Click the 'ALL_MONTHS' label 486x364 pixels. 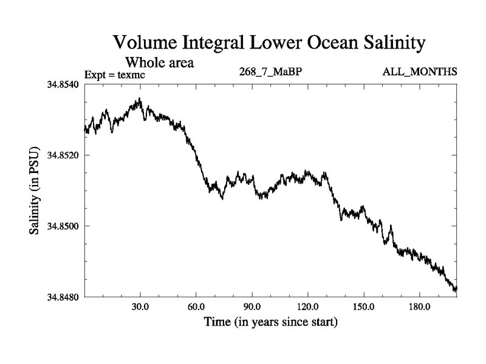[420, 72]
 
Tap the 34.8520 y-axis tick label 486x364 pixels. [63, 155]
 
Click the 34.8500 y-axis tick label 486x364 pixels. [63, 226]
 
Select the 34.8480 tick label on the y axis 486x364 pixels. [63, 297]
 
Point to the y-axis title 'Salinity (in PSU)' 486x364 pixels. [34, 190]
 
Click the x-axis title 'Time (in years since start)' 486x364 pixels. [270, 322]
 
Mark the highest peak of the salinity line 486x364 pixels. [140, 98]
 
